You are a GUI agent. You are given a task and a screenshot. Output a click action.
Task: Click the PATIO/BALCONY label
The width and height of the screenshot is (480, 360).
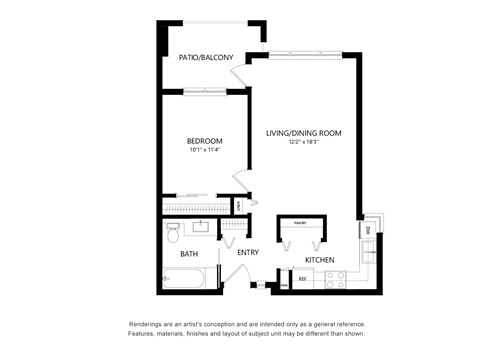point(206,58)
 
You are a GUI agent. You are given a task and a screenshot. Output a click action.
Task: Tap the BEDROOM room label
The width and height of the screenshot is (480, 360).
point(204,141)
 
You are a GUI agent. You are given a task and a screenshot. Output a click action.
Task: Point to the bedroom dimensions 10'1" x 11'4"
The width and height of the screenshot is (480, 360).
point(204,150)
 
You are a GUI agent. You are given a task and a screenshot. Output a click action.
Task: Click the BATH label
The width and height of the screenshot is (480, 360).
point(189,254)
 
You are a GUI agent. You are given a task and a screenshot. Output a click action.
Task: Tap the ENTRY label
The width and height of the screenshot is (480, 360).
point(248,253)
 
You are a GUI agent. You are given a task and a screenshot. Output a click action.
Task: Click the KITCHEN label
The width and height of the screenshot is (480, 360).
point(319,261)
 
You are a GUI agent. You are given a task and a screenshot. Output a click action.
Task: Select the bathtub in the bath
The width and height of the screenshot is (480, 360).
point(190,280)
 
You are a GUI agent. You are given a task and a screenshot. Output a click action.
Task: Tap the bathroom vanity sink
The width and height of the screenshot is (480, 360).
point(199,226)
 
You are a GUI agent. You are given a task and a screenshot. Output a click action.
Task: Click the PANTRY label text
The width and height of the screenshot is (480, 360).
point(298,222)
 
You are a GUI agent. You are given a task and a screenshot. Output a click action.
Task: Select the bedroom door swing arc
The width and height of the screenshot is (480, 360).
point(240,183)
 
